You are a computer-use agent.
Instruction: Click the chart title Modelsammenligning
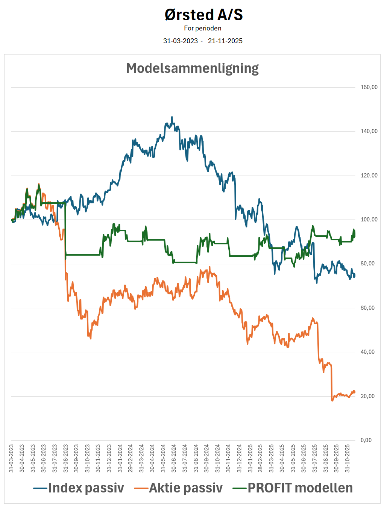click(x=192, y=68)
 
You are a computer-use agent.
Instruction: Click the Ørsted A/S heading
click(x=203, y=15)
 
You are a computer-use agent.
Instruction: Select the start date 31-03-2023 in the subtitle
click(x=180, y=41)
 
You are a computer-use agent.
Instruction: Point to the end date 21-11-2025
click(x=225, y=41)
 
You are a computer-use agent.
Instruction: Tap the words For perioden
click(x=202, y=28)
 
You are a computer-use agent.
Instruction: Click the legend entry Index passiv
click(x=86, y=488)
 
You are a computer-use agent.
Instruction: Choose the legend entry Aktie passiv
click(x=186, y=488)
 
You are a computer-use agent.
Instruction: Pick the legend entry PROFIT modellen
click(x=300, y=488)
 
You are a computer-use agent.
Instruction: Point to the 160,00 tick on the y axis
click(x=369, y=87)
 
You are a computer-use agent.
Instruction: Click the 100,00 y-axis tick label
click(x=369, y=220)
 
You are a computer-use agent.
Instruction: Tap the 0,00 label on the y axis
click(x=366, y=440)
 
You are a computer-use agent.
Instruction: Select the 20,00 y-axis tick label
click(x=367, y=396)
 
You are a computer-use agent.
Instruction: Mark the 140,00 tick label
click(x=369, y=131)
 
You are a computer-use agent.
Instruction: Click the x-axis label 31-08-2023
click(x=65, y=458)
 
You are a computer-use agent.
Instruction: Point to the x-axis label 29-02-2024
click(x=131, y=458)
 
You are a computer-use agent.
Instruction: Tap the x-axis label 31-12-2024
click(x=239, y=458)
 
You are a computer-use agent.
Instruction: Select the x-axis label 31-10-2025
click(x=347, y=458)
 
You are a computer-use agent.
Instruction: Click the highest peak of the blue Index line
click(x=172, y=117)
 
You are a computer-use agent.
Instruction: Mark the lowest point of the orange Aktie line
click(x=332, y=401)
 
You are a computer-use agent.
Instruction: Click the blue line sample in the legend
click(x=40, y=488)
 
